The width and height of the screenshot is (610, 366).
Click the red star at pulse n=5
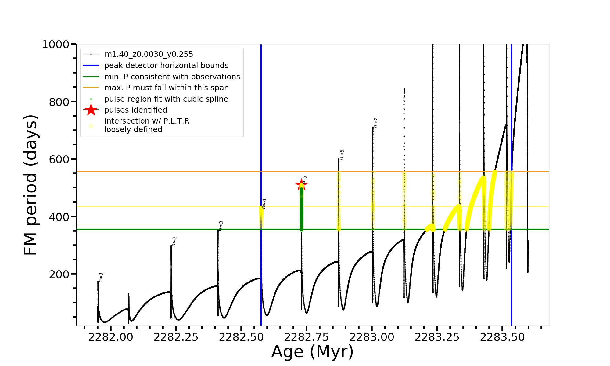click(301, 185)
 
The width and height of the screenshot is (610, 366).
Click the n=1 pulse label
click(101, 277)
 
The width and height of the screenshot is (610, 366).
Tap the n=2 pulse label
click(174, 242)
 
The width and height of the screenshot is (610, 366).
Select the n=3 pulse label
click(221, 226)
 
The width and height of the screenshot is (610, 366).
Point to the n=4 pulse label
click(264, 204)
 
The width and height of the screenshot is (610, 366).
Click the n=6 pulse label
click(342, 155)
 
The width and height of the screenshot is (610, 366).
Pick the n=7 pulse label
click(375, 123)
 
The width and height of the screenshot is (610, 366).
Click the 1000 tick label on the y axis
click(56, 45)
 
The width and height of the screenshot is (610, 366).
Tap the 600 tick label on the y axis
click(59, 160)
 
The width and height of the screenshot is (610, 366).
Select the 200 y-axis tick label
click(59, 274)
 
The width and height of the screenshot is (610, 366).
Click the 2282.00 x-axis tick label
click(111, 337)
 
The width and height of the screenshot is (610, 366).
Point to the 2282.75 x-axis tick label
click(307, 337)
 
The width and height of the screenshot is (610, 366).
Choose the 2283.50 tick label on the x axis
click(502, 337)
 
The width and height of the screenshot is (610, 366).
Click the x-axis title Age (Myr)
click(312, 352)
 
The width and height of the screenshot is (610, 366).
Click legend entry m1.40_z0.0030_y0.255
click(149, 54)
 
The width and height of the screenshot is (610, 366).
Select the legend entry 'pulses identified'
click(136, 110)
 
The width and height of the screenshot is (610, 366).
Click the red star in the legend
click(91, 110)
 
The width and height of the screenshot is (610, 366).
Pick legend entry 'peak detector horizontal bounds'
click(166, 66)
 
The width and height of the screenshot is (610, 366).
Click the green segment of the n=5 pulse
click(301, 210)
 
